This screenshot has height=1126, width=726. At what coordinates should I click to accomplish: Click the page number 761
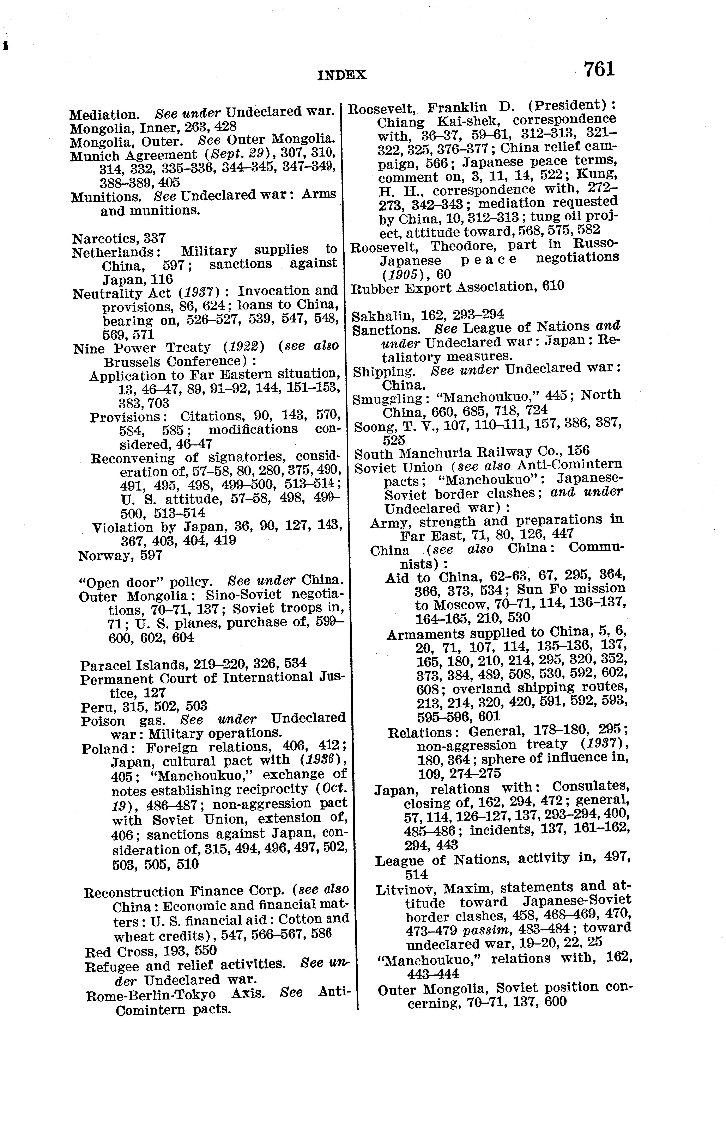point(599,70)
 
